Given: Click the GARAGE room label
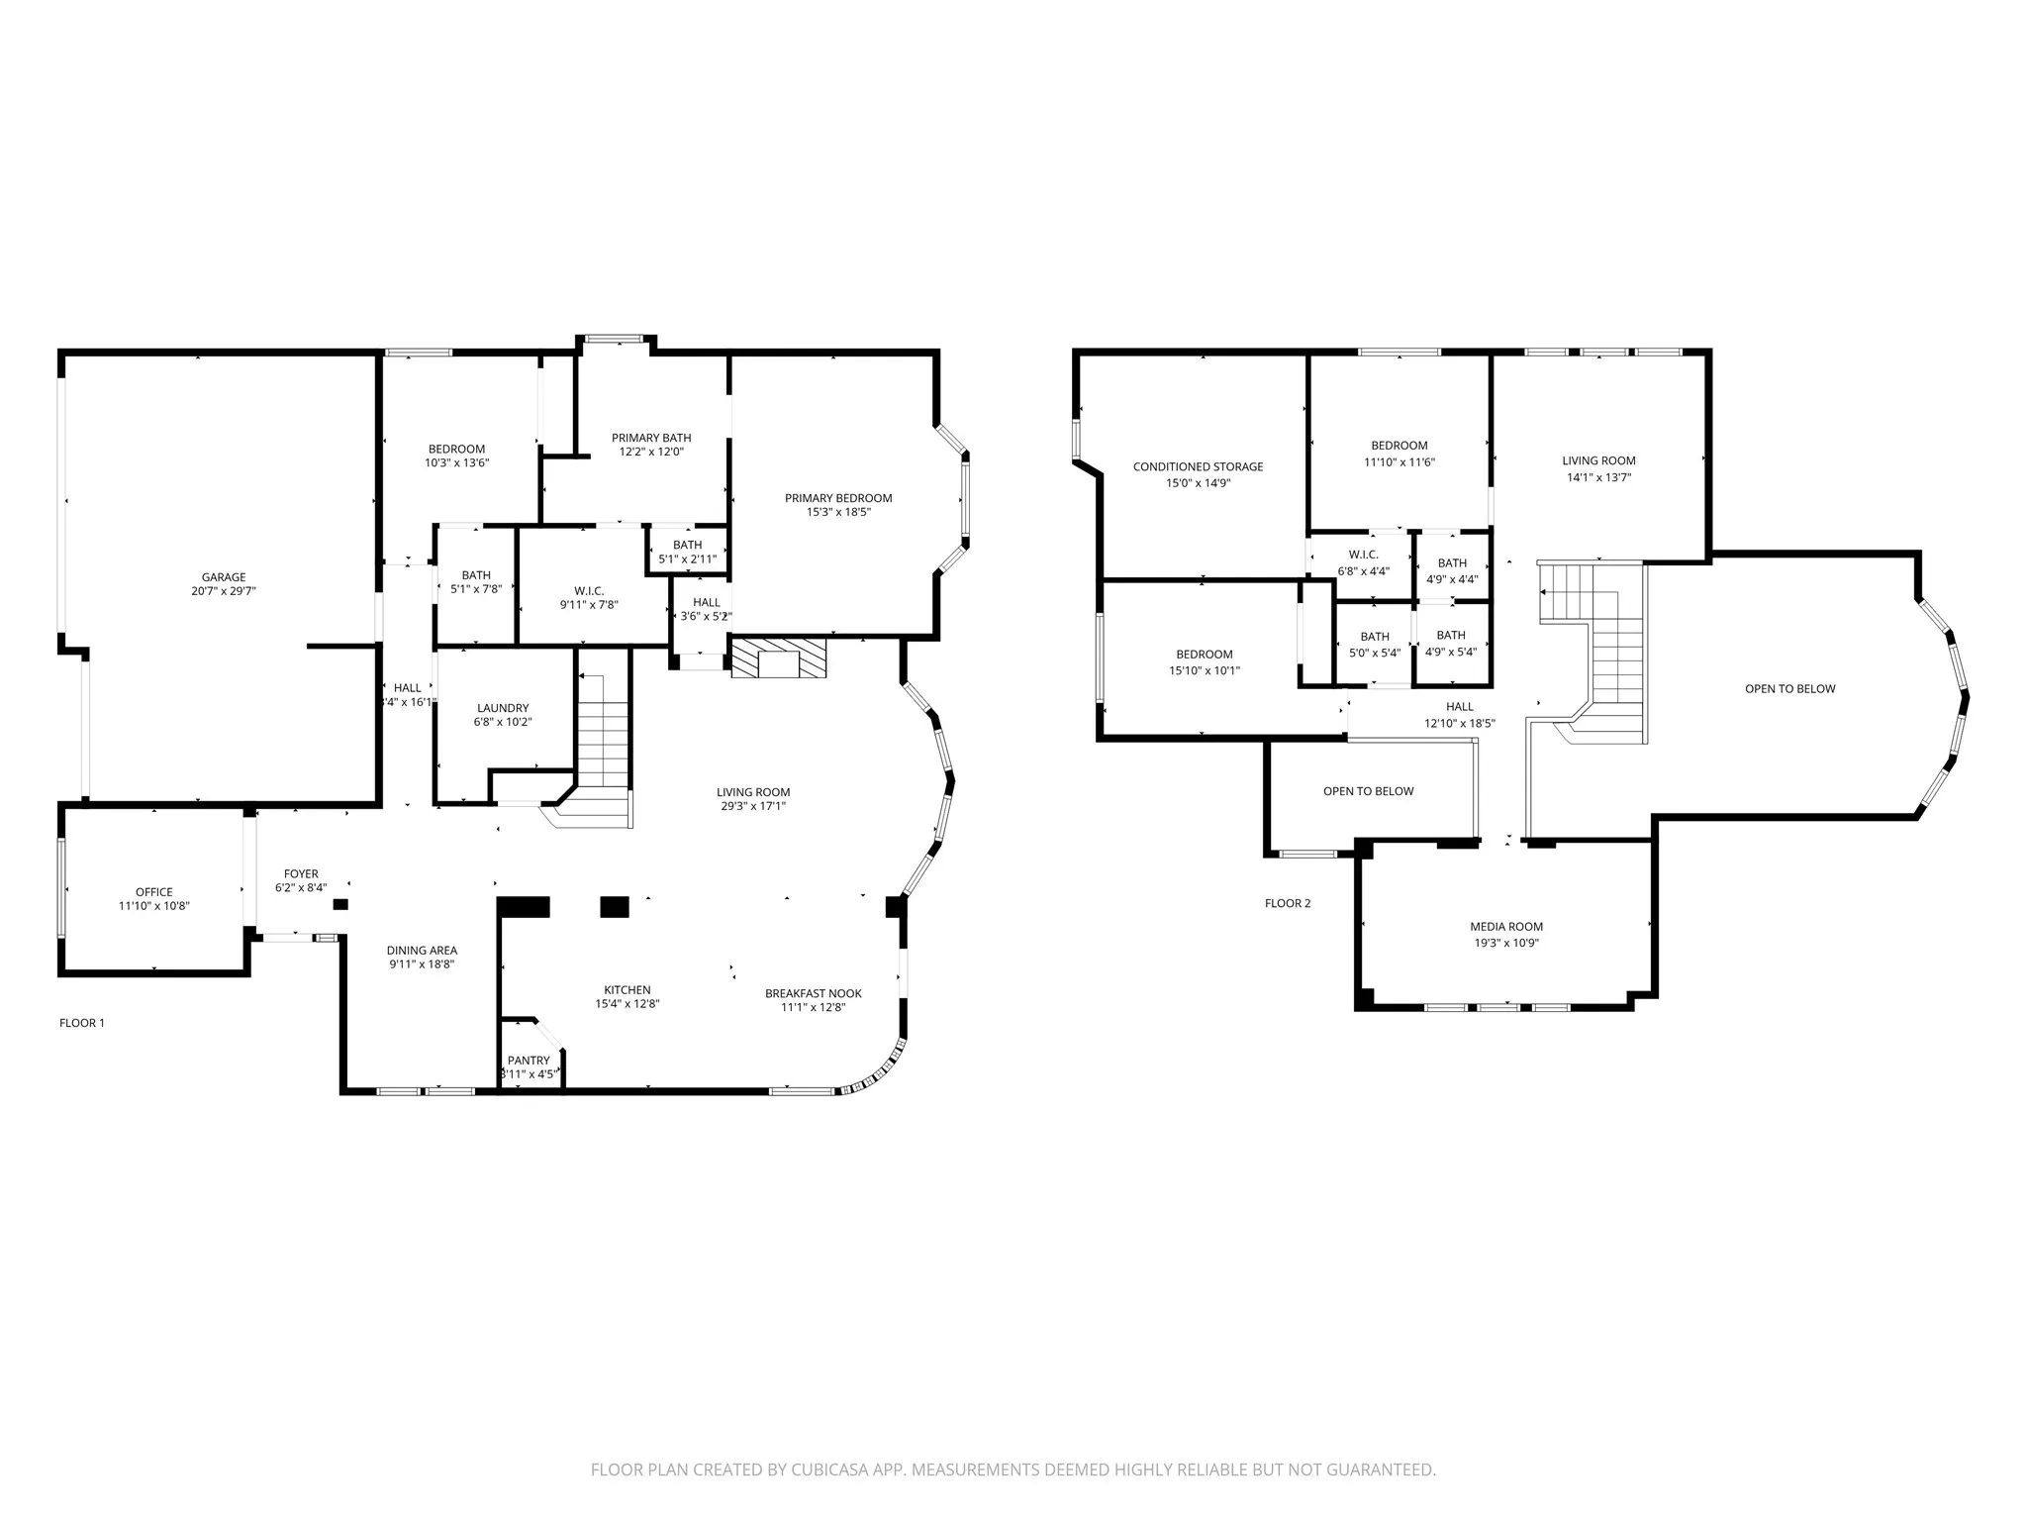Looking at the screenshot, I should (224, 577).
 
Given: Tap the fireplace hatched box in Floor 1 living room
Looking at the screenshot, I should (778, 659).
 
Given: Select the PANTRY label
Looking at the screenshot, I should (529, 1060).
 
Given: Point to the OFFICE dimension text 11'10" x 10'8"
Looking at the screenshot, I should (154, 906).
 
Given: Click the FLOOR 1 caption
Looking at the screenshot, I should (82, 1023).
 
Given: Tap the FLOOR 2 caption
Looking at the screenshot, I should (1288, 903).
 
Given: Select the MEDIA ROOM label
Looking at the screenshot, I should (1506, 927).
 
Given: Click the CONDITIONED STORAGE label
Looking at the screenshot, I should (1198, 466).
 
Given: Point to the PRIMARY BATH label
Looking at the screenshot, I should (651, 438).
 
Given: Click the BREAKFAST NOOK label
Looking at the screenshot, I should (813, 993).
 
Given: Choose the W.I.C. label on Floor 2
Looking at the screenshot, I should (1363, 555).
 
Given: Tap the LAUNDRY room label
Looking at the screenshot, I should (503, 708).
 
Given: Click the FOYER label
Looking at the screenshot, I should (301, 873).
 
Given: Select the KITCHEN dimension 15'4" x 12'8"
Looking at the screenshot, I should (627, 1004).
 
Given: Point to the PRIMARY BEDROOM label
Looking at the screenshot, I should (838, 498).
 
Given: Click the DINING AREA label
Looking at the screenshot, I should (422, 951).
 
